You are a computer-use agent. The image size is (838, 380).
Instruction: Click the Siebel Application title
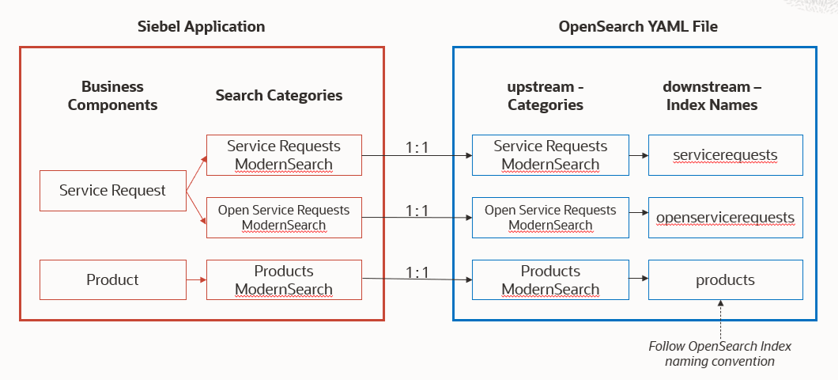click(202, 26)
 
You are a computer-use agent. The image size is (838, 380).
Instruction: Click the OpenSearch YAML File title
click(638, 26)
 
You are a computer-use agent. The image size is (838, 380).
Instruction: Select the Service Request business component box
click(112, 190)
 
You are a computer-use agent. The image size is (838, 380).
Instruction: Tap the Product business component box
click(112, 279)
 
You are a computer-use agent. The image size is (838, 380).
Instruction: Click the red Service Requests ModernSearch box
click(284, 155)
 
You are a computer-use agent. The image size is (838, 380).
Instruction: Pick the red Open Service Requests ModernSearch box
click(284, 218)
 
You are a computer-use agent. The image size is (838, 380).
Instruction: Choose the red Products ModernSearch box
click(284, 280)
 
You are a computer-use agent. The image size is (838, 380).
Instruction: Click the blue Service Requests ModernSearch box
click(550, 155)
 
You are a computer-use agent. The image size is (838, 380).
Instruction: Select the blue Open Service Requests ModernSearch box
click(550, 218)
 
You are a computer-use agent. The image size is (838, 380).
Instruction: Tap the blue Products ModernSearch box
click(550, 280)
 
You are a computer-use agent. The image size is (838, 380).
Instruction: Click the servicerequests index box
click(725, 155)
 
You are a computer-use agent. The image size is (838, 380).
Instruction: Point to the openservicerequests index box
click(725, 218)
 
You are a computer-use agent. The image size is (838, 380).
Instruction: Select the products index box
click(725, 280)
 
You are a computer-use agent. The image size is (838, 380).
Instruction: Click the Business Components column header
click(112, 96)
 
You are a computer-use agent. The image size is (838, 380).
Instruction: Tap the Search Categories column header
click(279, 96)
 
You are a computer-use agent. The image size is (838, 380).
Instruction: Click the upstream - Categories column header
click(545, 96)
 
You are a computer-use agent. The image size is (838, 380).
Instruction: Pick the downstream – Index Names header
click(710, 96)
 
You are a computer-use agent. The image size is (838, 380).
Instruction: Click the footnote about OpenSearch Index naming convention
click(719, 354)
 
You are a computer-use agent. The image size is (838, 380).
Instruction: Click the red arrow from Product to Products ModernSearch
click(195, 279)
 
